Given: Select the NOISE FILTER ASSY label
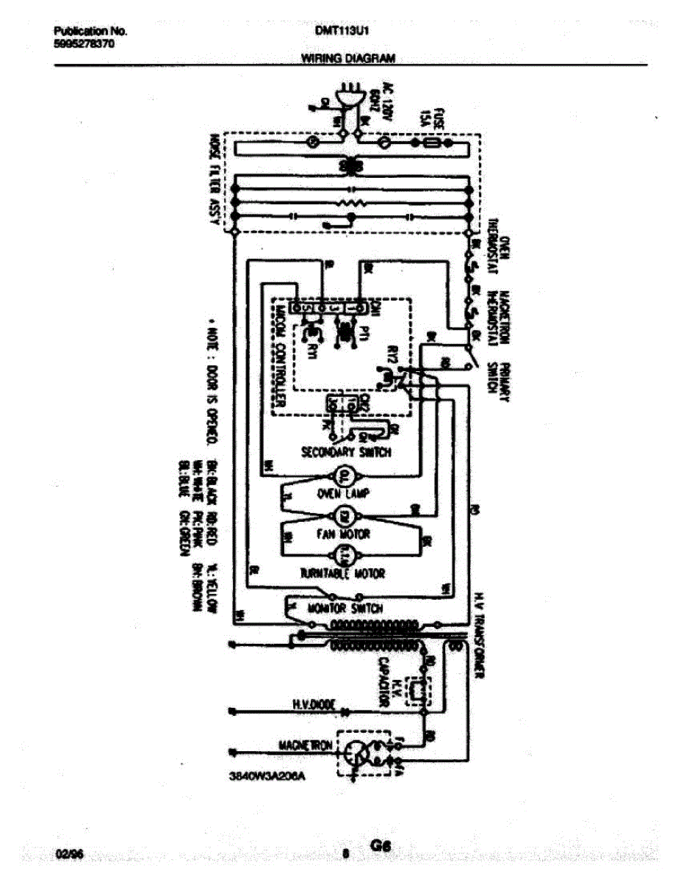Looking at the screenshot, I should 216,184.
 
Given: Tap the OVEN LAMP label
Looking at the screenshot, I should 342,494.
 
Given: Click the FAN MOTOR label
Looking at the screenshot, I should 343,534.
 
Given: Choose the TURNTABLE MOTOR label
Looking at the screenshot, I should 342,573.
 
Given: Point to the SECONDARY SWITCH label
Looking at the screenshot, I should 347,452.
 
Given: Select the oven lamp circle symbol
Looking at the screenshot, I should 342,476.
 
